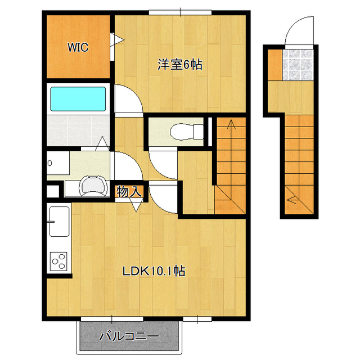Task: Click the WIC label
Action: click(78, 47)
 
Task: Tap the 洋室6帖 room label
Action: click(180, 65)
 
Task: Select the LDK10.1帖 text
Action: click(154, 271)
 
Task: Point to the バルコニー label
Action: click(129, 336)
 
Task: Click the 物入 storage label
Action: click(129, 191)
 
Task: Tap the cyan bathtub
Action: click(78, 99)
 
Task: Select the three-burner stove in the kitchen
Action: click(58, 261)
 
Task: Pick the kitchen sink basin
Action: click(60, 221)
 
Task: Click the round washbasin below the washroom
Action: click(93, 186)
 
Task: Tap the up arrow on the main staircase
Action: click(231, 124)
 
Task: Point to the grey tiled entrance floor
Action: click(298, 65)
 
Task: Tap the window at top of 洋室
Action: click(180, 12)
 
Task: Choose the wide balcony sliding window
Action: click(112, 319)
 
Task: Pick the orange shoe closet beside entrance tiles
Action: click(275, 65)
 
